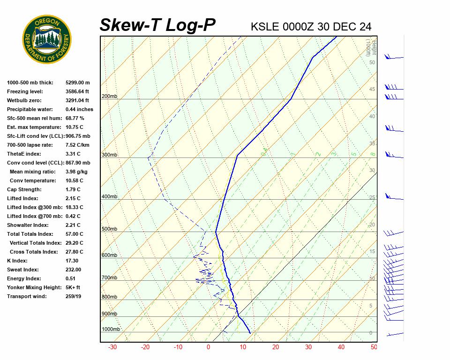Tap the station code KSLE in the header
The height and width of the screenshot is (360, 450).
pyautogui.click(x=265, y=27)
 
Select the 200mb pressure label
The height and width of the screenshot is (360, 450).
pyautogui.click(x=109, y=97)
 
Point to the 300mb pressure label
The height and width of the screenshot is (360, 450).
pyautogui.click(x=109, y=155)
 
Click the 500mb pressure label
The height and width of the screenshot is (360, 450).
pyautogui.click(x=109, y=229)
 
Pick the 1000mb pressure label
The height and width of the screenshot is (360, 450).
pyautogui.click(x=111, y=330)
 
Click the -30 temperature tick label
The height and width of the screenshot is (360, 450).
pyautogui.click(x=112, y=347)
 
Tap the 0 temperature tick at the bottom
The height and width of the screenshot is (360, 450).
pyautogui.click(x=209, y=347)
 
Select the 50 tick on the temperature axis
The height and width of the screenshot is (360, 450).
pyautogui.click(x=374, y=347)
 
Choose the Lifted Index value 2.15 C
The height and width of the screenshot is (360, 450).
pyautogui.click(x=73, y=198)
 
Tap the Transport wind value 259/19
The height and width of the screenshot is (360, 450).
pyautogui.click(x=74, y=296)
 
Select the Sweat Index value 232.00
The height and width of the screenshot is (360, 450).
pyautogui.click(x=73, y=270)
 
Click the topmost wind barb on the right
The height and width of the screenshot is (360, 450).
pyautogui.click(x=394, y=57)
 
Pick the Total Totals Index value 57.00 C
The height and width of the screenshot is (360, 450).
pyautogui.click(x=74, y=234)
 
